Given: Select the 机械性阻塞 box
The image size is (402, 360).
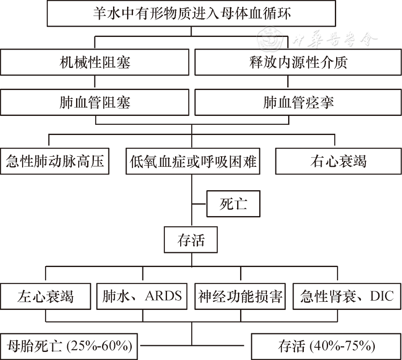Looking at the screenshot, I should [x=95, y=62].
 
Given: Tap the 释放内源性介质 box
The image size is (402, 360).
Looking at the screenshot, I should [x=298, y=62].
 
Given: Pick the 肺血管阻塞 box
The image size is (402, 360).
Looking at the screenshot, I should [x=95, y=102].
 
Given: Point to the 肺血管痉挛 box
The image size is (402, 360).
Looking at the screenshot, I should [x=298, y=102].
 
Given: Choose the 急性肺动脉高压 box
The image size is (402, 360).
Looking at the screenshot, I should [x=55, y=161].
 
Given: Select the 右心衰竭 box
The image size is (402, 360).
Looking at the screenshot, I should [x=338, y=161].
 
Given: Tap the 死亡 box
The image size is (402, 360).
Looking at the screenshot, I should [x=233, y=205].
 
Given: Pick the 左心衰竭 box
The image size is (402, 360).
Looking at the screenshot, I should [x=45, y=296].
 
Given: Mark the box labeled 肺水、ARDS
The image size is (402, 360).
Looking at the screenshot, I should [x=142, y=296].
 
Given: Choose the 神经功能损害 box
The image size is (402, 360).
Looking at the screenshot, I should [x=241, y=296].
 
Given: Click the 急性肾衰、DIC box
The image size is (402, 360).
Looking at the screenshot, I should [x=346, y=296].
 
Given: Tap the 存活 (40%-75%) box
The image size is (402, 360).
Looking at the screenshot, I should [x=326, y=346].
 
